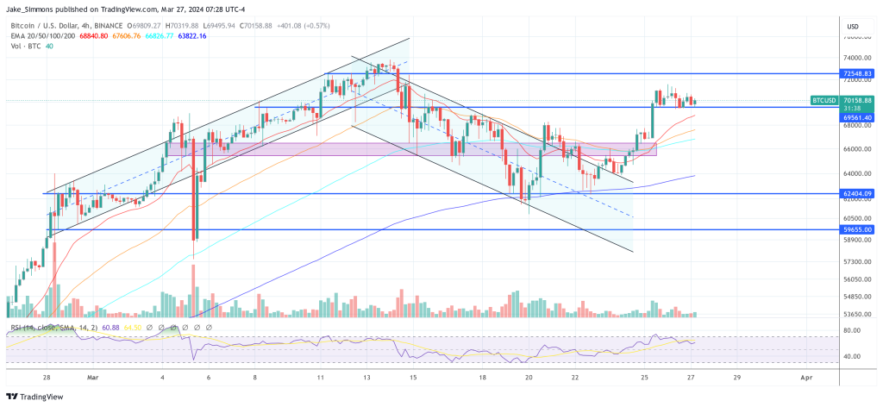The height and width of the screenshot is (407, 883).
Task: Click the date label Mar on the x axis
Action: click(93, 378)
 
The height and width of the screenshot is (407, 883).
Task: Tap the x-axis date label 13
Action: click(366, 378)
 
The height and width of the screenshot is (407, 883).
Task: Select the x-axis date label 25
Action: click(643, 378)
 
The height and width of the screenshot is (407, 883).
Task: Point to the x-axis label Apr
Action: click(804, 378)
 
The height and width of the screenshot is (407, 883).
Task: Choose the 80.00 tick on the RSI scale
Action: click(852, 330)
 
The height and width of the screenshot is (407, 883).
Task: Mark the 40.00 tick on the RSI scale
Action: click(852, 355)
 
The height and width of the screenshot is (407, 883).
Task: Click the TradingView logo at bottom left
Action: click(39, 396)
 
